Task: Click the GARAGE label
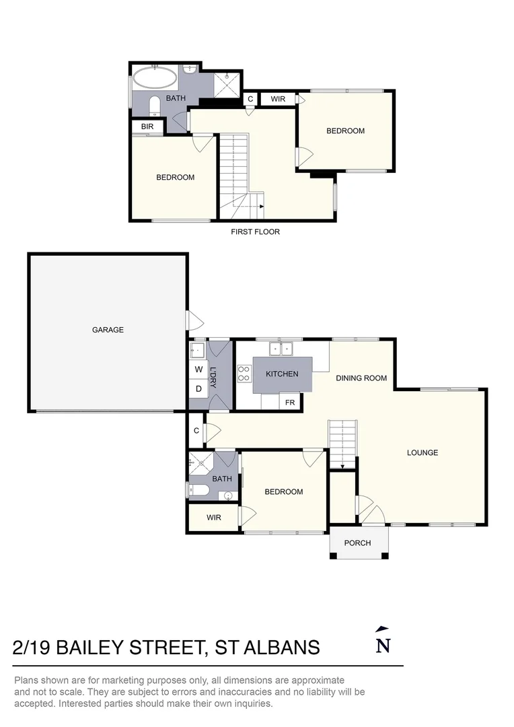pyautogui.click(x=108, y=330)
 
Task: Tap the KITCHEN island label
pyautogui.click(x=282, y=374)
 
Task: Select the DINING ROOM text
pyautogui.click(x=361, y=378)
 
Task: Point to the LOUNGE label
pyautogui.click(x=422, y=452)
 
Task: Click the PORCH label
pyautogui.click(x=357, y=543)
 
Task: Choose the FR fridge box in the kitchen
pyautogui.click(x=290, y=402)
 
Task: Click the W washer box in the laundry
pyautogui.click(x=198, y=370)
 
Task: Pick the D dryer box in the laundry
pyautogui.click(x=198, y=389)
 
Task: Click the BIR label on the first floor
pyautogui.click(x=147, y=126)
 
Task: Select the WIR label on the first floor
pyautogui.click(x=278, y=99)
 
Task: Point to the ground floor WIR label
pyautogui.click(x=214, y=517)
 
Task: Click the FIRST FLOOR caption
pyautogui.click(x=255, y=232)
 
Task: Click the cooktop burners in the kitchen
pyautogui.click(x=244, y=374)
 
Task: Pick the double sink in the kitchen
pyautogui.click(x=282, y=348)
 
